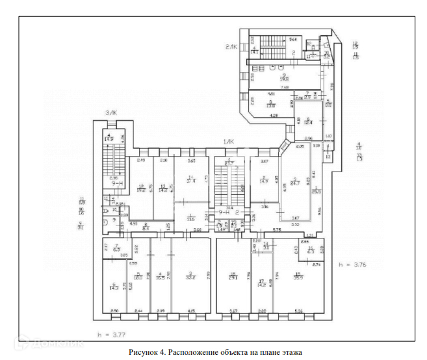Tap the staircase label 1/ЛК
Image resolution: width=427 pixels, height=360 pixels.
(229, 142)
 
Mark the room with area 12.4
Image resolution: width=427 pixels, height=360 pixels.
(308, 122)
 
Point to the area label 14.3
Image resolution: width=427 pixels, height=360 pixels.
(115, 287)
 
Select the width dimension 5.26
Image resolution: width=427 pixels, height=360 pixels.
(298, 311)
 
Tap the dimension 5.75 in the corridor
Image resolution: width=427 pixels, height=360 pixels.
(276, 229)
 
